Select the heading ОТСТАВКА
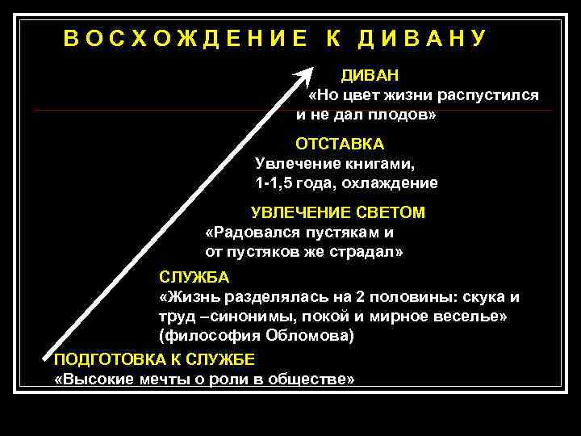tap(339, 145)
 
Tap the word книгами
tap(380, 164)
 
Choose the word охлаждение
tap(397, 183)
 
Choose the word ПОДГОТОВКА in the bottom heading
tap(102, 360)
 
